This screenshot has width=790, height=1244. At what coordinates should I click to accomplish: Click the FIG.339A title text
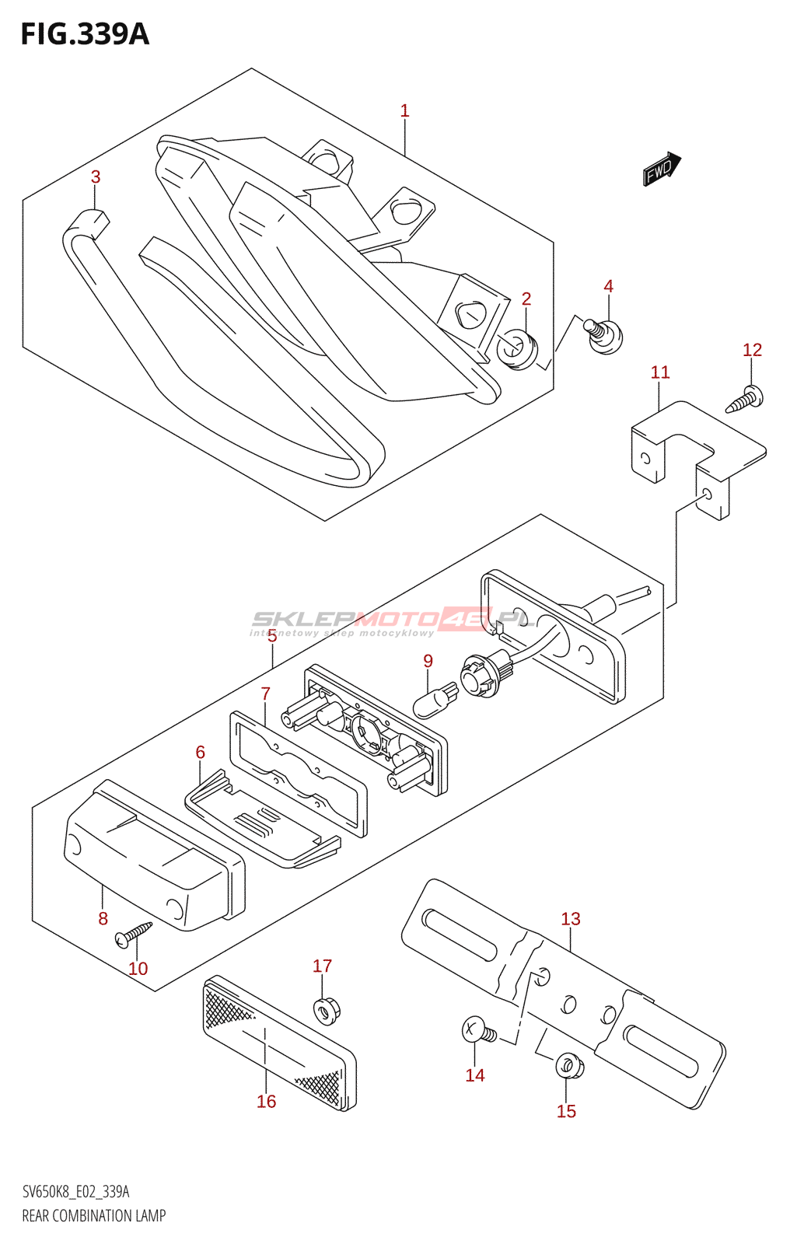point(85,34)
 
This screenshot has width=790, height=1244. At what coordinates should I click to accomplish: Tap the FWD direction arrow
point(662,168)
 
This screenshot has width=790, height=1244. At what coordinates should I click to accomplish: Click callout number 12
point(752,350)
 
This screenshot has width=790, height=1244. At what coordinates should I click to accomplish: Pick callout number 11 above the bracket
point(660,372)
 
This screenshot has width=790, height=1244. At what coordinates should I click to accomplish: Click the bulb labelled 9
point(435,699)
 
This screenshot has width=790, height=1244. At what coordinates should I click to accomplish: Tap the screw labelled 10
point(133,934)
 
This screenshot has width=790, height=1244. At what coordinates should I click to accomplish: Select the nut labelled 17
point(326,1010)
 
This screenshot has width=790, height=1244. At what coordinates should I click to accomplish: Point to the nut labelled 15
point(570,1065)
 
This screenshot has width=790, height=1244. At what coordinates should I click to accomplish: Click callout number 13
point(571,919)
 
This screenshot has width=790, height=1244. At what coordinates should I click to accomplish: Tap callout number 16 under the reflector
point(266,1101)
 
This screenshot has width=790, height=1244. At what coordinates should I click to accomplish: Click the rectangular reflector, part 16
point(279,1043)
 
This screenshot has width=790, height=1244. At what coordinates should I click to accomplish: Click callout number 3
point(96,177)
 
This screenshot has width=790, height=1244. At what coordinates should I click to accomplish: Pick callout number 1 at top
point(404,111)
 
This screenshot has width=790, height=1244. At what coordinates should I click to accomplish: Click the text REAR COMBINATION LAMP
point(94,1216)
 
